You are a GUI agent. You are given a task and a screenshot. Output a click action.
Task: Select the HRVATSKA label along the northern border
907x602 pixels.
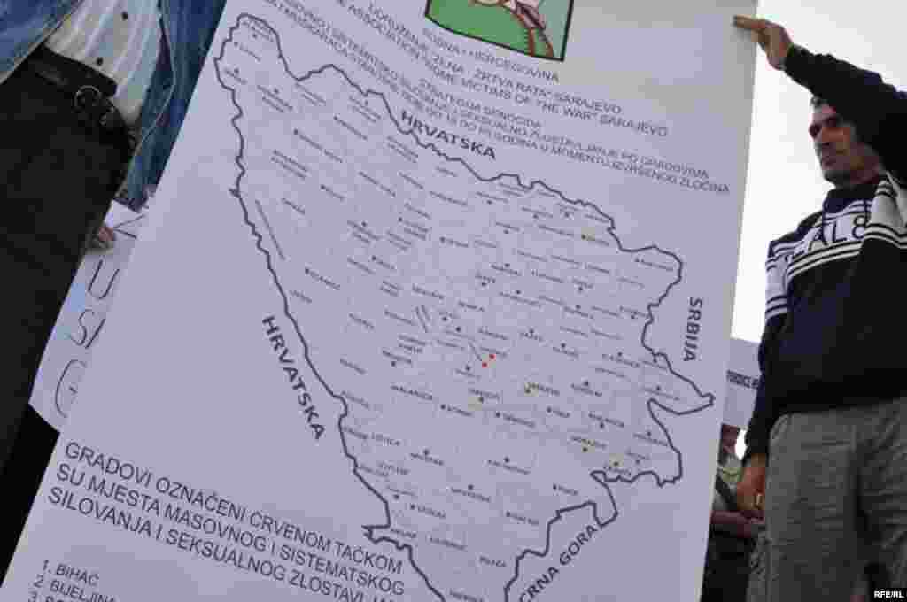[x=447, y=135]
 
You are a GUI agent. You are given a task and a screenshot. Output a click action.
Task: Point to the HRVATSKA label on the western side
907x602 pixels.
[x=293, y=376]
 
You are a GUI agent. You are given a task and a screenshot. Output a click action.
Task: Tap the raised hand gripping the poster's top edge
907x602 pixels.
[x=764, y=37]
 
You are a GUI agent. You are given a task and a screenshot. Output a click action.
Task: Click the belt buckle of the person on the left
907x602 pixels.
[x=89, y=99]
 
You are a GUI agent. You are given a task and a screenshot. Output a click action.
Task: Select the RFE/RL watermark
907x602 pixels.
[x=888, y=594]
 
